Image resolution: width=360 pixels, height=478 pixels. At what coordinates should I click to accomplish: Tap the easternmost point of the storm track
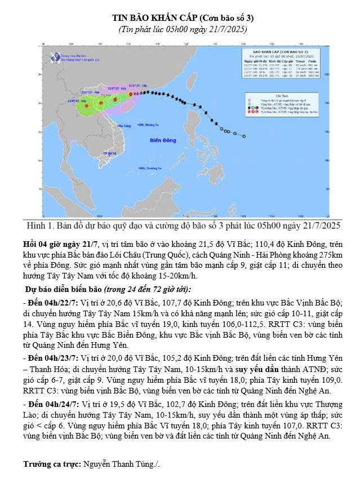click(244, 136)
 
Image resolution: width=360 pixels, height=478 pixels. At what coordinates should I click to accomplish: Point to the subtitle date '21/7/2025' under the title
click(223, 29)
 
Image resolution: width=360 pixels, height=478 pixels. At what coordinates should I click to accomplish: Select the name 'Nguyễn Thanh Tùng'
click(121, 464)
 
